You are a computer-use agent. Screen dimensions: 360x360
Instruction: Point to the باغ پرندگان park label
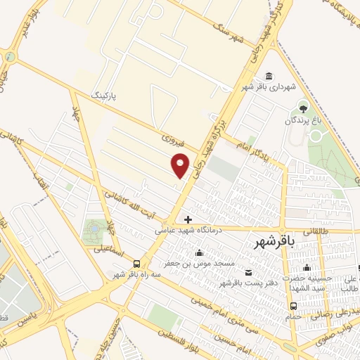[x=307, y=121]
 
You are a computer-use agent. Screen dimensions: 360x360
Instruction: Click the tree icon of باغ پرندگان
[x=303, y=109]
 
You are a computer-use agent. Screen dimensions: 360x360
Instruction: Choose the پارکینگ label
[x=106, y=92]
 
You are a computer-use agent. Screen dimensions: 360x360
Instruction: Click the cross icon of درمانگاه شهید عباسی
[x=188, y=219]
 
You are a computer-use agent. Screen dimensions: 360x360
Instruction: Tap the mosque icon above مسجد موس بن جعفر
[x=201, y=253]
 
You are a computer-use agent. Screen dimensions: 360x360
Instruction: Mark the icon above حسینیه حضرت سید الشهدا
[x=306, y=267]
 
